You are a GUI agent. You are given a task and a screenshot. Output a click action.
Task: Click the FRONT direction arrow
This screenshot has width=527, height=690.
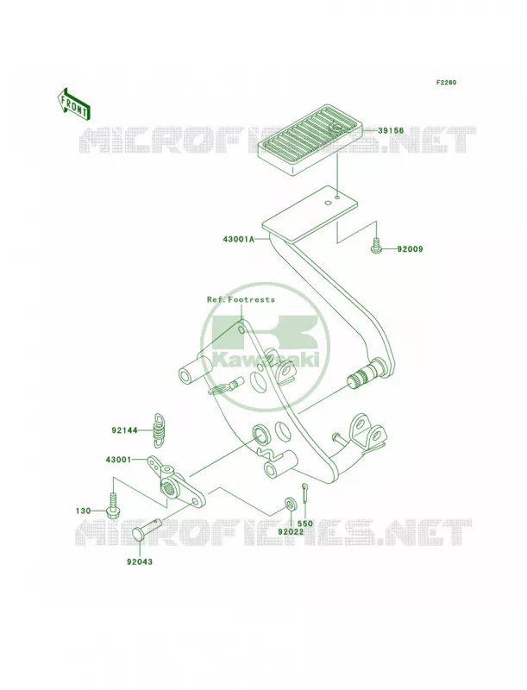(73, 103)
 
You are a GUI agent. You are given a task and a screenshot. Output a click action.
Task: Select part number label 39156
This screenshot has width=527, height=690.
(391, 131)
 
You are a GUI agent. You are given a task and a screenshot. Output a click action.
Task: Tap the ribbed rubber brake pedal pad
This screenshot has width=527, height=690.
(312, 139)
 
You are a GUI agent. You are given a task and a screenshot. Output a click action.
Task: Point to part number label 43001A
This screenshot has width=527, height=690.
(238, 241)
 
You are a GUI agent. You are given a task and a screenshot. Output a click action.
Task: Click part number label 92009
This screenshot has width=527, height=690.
(410, 249)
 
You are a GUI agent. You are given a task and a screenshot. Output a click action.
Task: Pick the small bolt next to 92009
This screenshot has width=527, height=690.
(375, 246)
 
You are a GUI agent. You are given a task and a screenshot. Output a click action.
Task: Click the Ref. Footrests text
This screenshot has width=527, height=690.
(241, 299)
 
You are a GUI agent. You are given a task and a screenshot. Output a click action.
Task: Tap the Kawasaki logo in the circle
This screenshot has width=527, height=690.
(265, 347)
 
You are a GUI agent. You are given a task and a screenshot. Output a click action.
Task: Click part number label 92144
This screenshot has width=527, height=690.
(124, 430)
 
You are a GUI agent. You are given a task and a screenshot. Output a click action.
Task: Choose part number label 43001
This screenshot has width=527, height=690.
(118, 460)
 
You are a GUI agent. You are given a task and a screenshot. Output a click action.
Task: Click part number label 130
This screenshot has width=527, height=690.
(83, 511)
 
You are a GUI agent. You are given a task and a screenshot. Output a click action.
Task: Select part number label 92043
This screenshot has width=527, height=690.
(140, 562)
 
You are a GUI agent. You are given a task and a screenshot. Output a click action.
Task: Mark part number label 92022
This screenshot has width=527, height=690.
(291, 531)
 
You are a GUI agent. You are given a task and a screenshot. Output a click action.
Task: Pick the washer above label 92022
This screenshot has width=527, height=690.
(291, 503)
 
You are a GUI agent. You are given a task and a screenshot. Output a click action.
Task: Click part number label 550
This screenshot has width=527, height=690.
(304, 524)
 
